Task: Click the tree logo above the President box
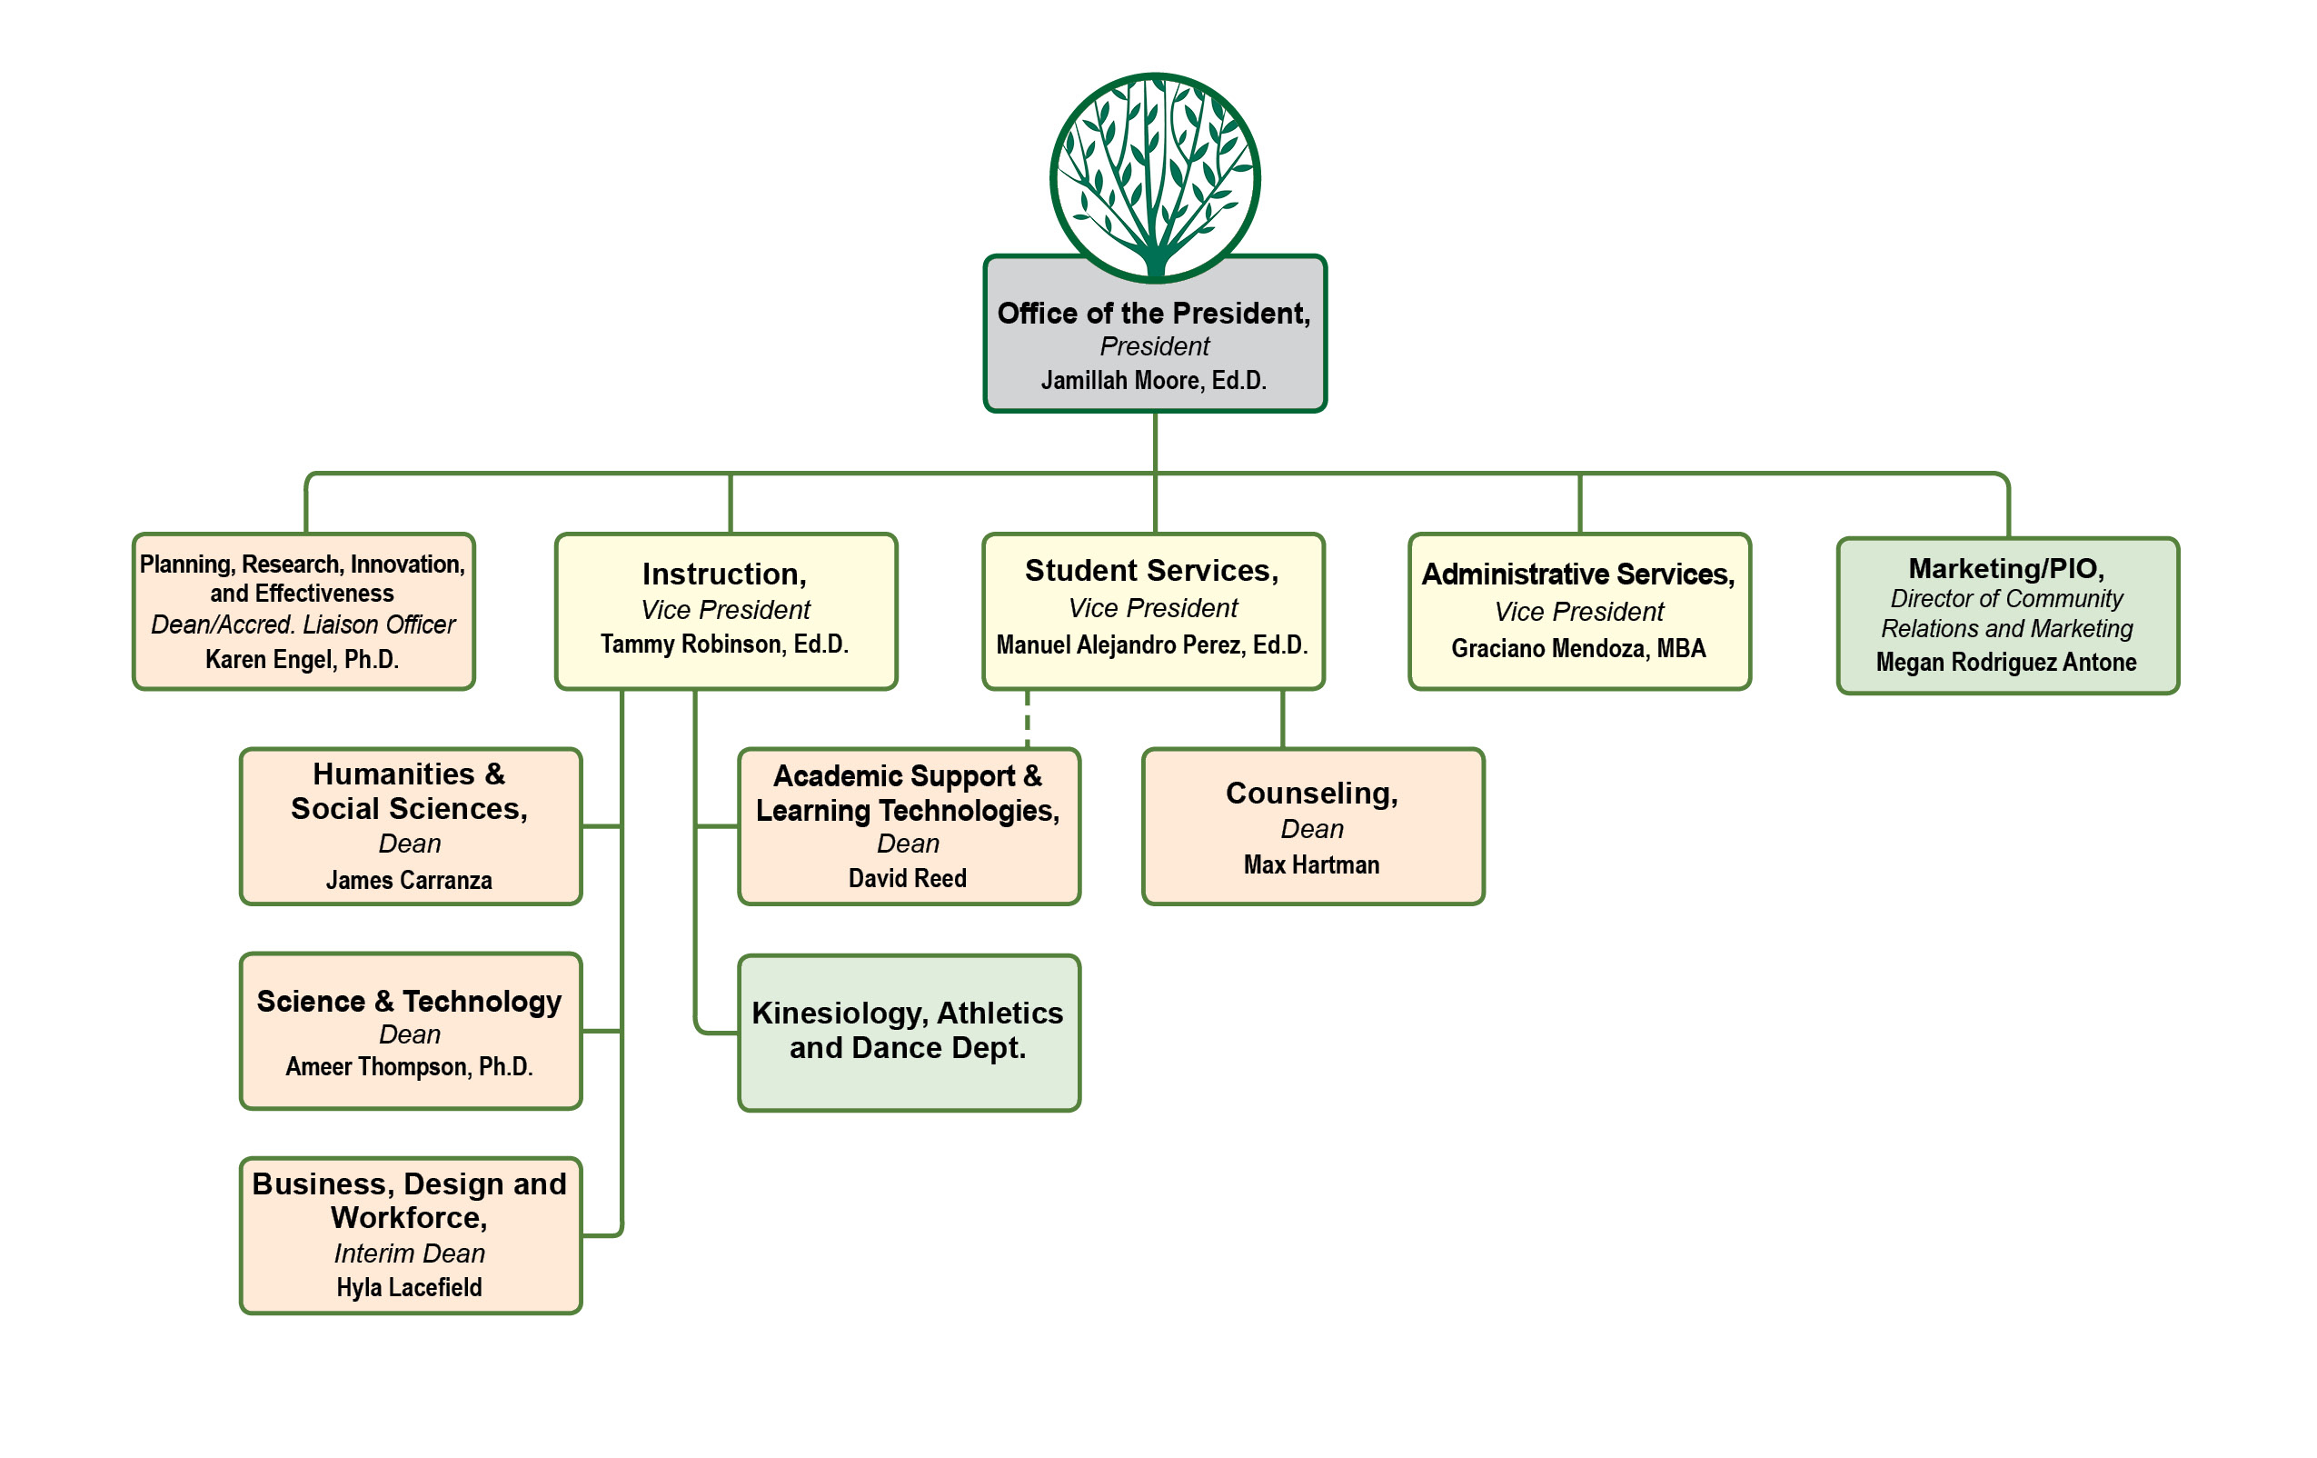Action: (1155, 178)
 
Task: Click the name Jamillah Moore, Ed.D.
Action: (1154, 380)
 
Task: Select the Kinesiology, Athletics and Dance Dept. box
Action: (909, 1032)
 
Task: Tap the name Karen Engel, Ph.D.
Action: (303, 659)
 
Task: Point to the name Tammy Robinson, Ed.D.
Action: (724, 644)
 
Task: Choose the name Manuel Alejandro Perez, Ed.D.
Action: (1152, 644)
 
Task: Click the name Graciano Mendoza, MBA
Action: (1578, 649)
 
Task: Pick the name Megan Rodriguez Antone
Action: (2006, 662)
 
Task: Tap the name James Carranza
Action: (409, 880)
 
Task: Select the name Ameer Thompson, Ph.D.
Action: (409, 1066)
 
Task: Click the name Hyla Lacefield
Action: (409, 1287)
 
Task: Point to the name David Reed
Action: (908, 878)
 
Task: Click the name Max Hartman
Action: (1311, 864)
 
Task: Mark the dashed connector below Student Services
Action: (1028, 718)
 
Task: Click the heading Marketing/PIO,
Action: (2006, 568)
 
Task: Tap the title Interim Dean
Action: (409, 1253)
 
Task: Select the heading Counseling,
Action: (1311, 793)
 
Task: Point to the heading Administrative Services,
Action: (1578, 574)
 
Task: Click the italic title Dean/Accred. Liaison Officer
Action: (303, 624)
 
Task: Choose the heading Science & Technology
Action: (409, 1001)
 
